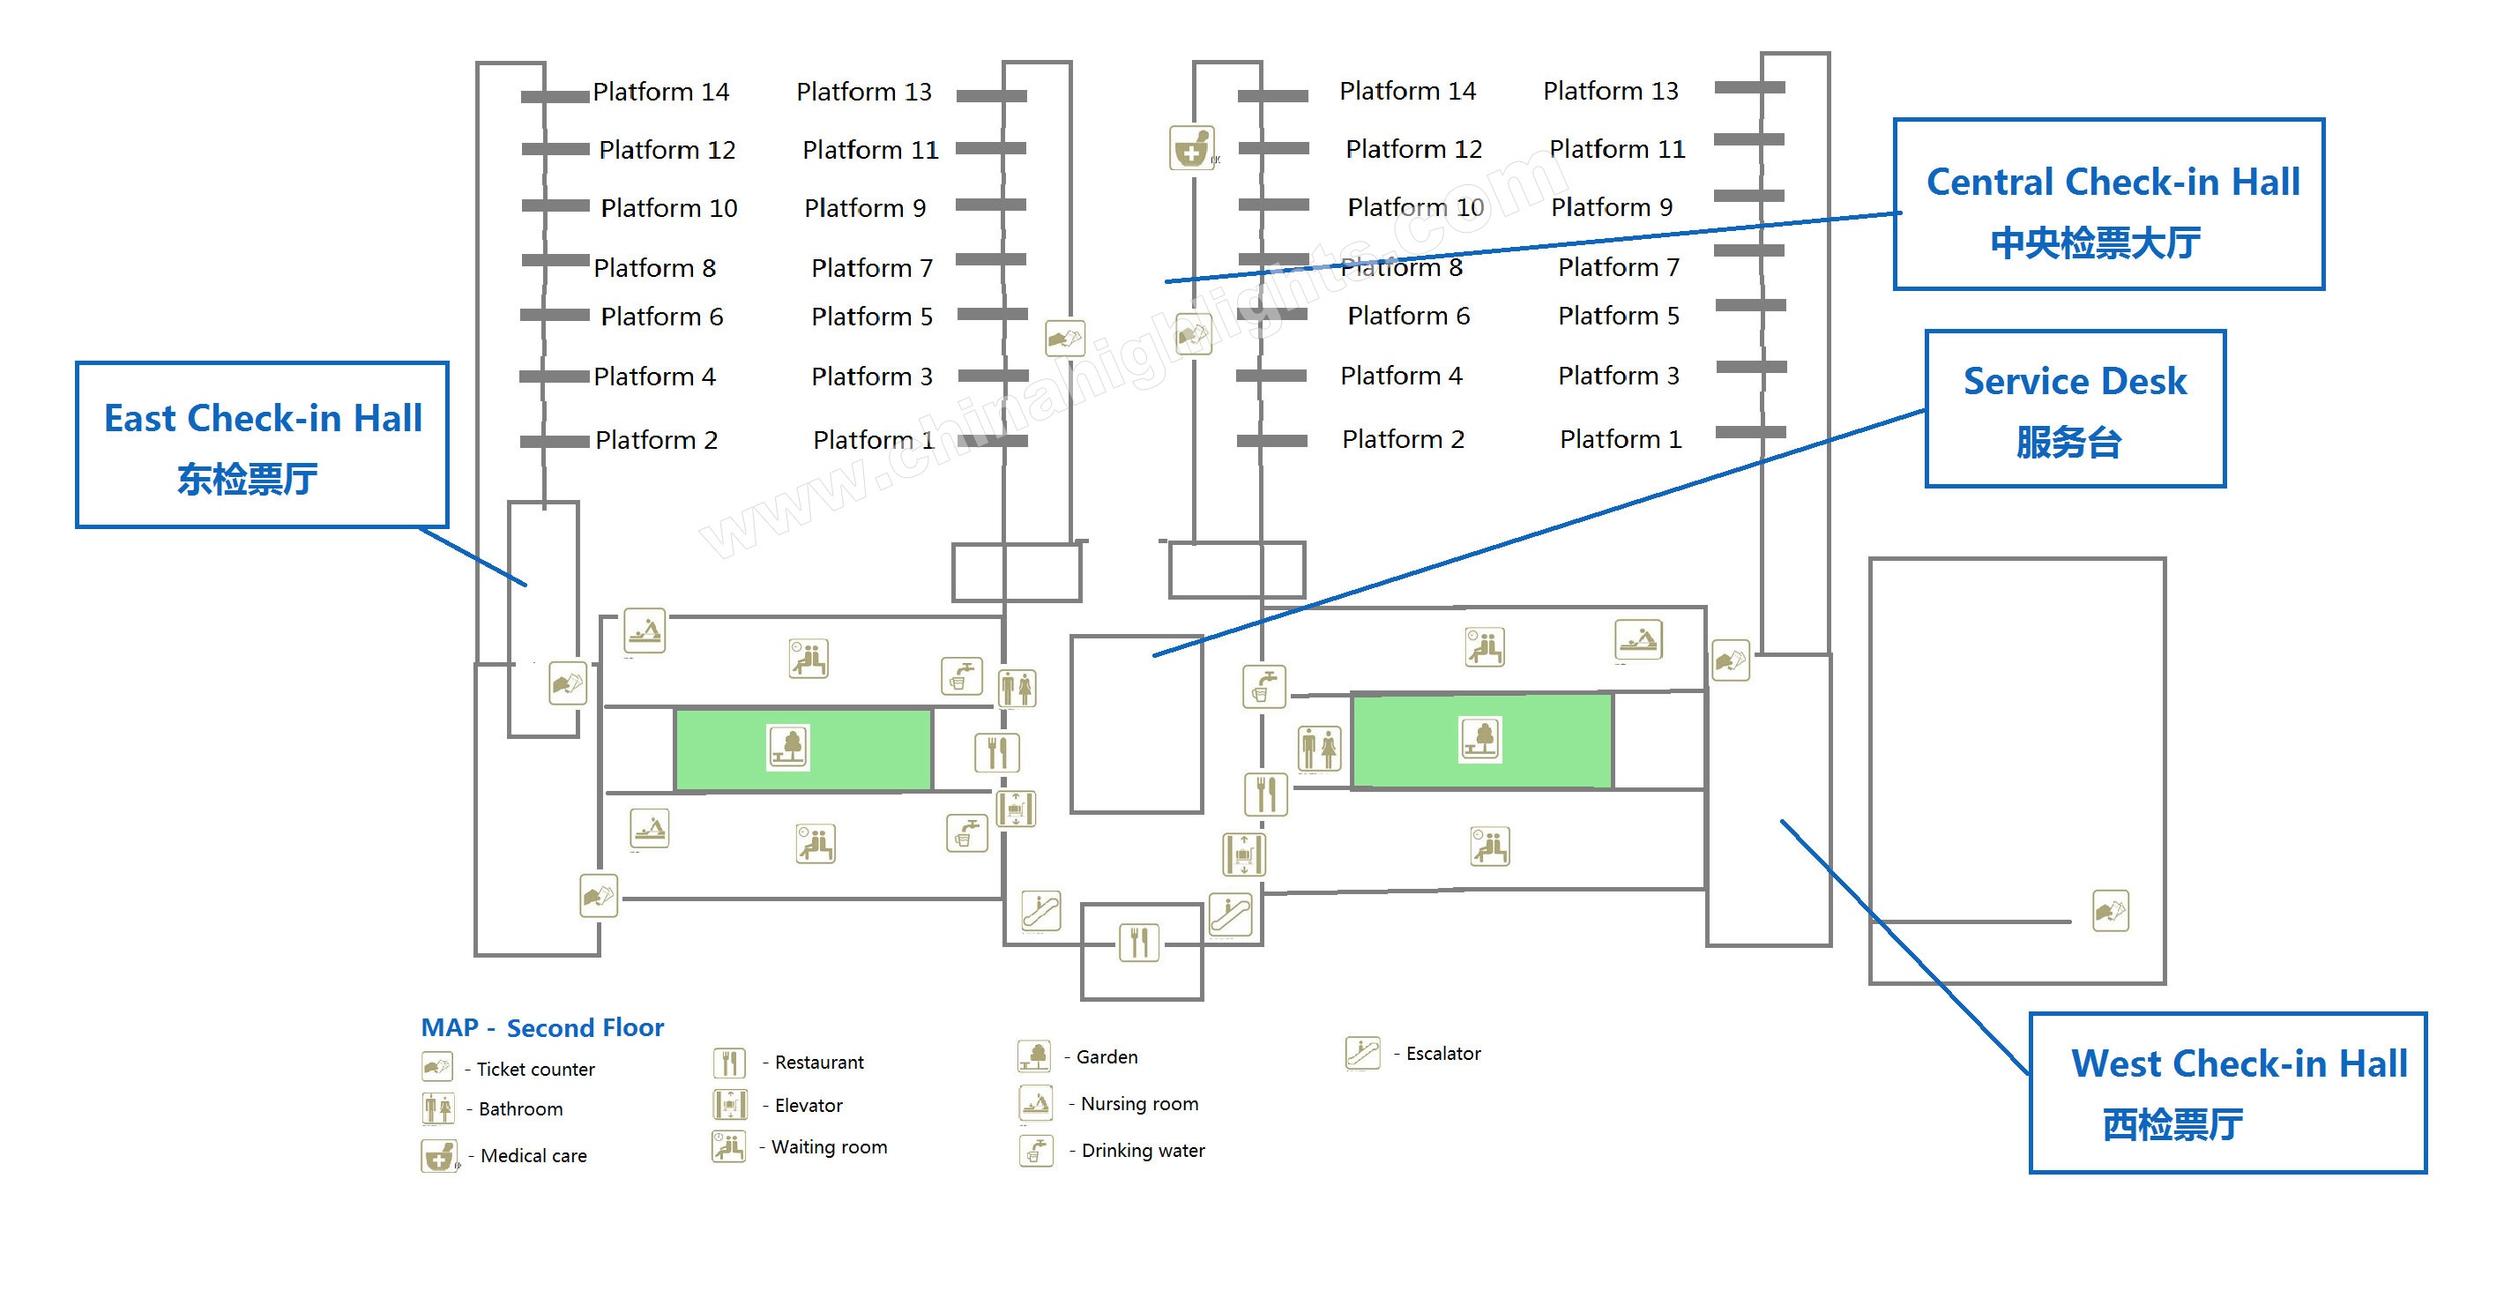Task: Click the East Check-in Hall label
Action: click(263, 419)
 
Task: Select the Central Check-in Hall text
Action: click(2113, 183)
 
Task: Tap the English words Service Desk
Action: click(2075, 381)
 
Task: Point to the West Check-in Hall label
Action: click(2239, 1063)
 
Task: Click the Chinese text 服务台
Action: click(2068, 443)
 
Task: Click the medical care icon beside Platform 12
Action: click(1192, 149)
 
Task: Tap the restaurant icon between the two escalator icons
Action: click(1138, 942)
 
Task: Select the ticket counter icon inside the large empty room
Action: click(2110, 911)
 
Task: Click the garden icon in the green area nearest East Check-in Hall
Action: click(788, 747)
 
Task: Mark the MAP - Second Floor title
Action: click(541, 1027)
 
